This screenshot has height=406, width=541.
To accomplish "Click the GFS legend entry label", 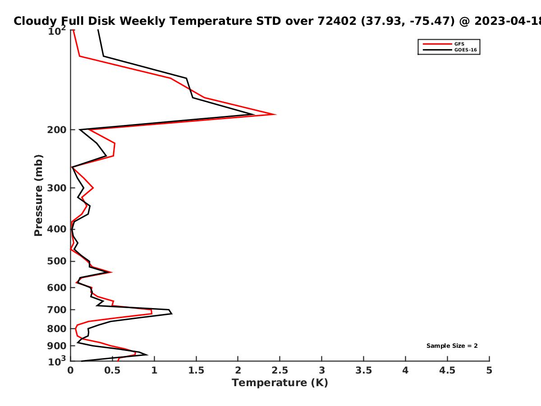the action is [459, 44].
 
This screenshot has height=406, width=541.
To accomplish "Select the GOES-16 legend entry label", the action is [466, 50].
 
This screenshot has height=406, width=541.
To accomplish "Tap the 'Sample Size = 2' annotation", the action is [452, 346].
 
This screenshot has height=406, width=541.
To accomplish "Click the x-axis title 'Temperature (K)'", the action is [280, 383].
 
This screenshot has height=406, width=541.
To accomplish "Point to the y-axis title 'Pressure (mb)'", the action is [38, 195].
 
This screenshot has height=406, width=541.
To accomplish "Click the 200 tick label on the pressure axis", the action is [57, 129].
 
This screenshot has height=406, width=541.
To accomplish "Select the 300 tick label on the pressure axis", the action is [57, 188].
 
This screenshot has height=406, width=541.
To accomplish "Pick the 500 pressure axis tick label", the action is [57, 261].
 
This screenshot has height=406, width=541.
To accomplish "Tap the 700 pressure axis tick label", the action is [57, 309].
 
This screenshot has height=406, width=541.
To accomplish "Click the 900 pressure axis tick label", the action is [57, 346].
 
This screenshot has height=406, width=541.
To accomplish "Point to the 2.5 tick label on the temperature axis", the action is [280, 370].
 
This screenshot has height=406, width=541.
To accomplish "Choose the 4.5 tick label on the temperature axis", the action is [447, 370].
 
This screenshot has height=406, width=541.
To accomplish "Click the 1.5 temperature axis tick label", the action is [196, 370].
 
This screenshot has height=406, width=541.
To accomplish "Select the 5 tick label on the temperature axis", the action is [489, 370].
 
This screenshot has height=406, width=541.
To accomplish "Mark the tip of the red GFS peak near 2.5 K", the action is [275, 115].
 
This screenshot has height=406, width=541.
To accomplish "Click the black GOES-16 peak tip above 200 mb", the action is [254, 115].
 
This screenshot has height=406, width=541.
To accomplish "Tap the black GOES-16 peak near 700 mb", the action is [172, 314].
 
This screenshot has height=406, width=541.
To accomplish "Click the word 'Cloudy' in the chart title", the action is [35, 21].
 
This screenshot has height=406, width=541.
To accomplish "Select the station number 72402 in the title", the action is [337, 21].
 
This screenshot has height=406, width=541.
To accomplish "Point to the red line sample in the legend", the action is [437, 44].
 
